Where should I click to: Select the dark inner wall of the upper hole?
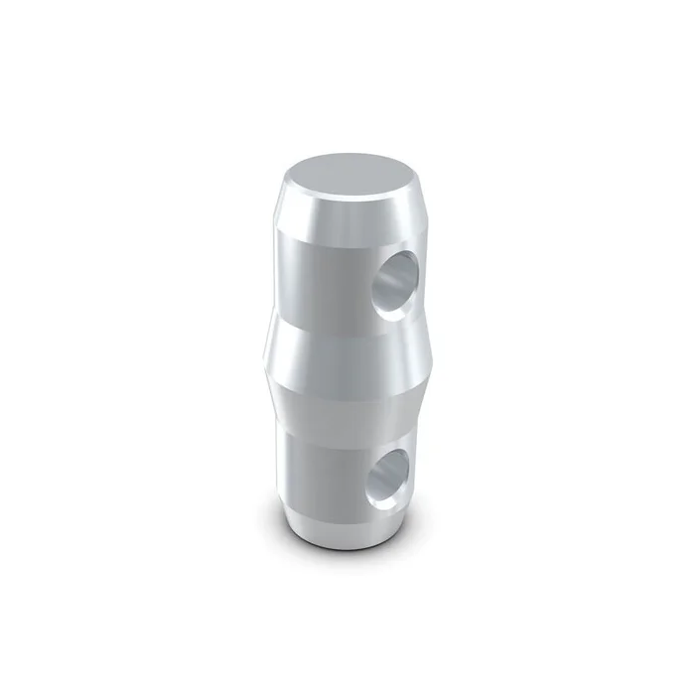point(402,270)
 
